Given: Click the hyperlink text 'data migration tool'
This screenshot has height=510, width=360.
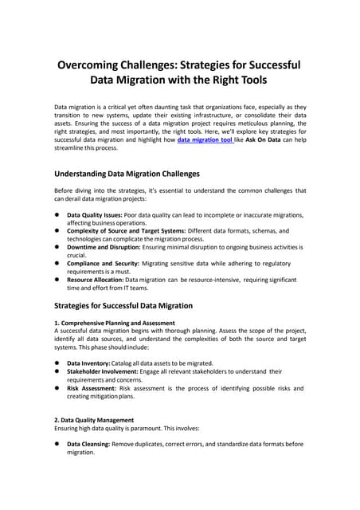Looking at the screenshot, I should pos(205,139).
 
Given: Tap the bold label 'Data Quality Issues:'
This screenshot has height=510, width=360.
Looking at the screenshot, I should pos(95,215).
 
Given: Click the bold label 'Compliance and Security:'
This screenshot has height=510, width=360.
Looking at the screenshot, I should pos(103,264).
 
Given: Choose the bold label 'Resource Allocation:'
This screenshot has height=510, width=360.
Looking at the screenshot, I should pos(96,280).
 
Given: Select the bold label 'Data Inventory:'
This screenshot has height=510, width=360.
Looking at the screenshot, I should pos(88,363).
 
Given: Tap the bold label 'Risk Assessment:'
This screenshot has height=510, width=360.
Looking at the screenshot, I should pos(92,388).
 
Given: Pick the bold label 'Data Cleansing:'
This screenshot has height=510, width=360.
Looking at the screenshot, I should pos(89,444).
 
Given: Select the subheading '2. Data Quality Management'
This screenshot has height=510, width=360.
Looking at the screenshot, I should pos(94,420).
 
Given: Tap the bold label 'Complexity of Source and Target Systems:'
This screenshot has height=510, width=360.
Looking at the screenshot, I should pos(128,231).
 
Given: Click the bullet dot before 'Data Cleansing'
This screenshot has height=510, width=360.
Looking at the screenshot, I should pos(57,444).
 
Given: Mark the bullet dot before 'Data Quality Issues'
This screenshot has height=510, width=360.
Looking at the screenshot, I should pos(57,215).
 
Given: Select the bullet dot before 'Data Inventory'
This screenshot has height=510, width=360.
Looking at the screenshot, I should pos(57,363).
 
